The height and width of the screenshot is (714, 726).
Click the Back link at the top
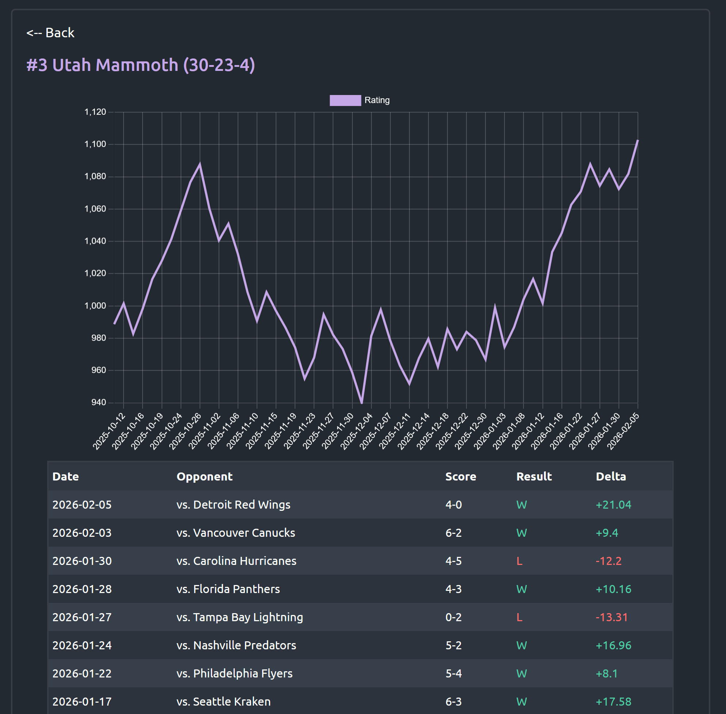(x=50, y=33)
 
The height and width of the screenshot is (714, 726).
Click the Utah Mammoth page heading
(x=140, y=65)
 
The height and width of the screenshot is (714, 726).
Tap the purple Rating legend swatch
(x=345, y=100)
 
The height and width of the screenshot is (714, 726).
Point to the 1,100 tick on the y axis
(x=95, y=144)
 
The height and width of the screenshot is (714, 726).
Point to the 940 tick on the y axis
(x=98, y=402)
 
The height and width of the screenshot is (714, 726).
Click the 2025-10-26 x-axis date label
(x=185, y=431)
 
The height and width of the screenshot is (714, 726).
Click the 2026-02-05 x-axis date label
(x=623, y=431)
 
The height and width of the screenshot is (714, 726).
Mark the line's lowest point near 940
(x=362, y=403)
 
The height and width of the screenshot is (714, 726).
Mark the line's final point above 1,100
(x=638, y=141)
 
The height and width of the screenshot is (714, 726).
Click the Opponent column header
(x=204, y=476)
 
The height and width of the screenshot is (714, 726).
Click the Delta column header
(x=610, y=476)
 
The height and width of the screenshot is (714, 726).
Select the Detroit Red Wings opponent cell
(x=233, y=505)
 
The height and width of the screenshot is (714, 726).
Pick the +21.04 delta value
(x=613, y=505)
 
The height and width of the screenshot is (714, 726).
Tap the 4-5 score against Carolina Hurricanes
(x=453, y=561)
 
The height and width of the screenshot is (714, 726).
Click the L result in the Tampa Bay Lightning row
(x=519, y=617)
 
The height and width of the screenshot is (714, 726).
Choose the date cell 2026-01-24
(x=82, y=645)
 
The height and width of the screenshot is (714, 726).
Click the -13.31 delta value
(x=612, y=617)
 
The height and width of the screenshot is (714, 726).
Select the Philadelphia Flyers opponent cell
(x=234, y=673)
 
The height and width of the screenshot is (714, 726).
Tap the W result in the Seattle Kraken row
(x=522, y=702)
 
